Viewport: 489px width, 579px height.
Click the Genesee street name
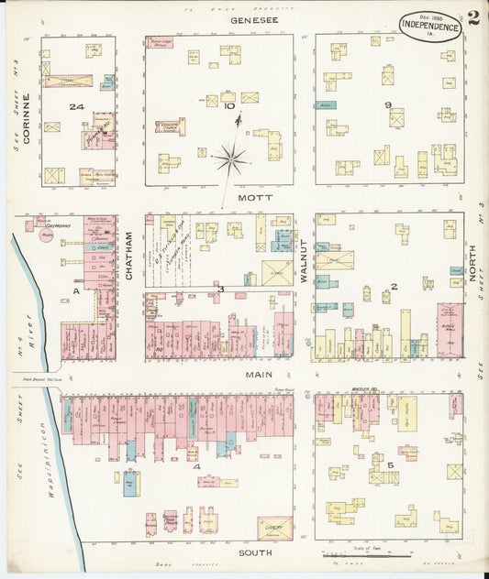(248, 18)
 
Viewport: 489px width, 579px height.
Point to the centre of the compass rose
(232, 160)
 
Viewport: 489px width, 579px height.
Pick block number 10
(228, 107)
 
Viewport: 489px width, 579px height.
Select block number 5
(391, 466)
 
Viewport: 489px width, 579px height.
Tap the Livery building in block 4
(274, 529)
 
